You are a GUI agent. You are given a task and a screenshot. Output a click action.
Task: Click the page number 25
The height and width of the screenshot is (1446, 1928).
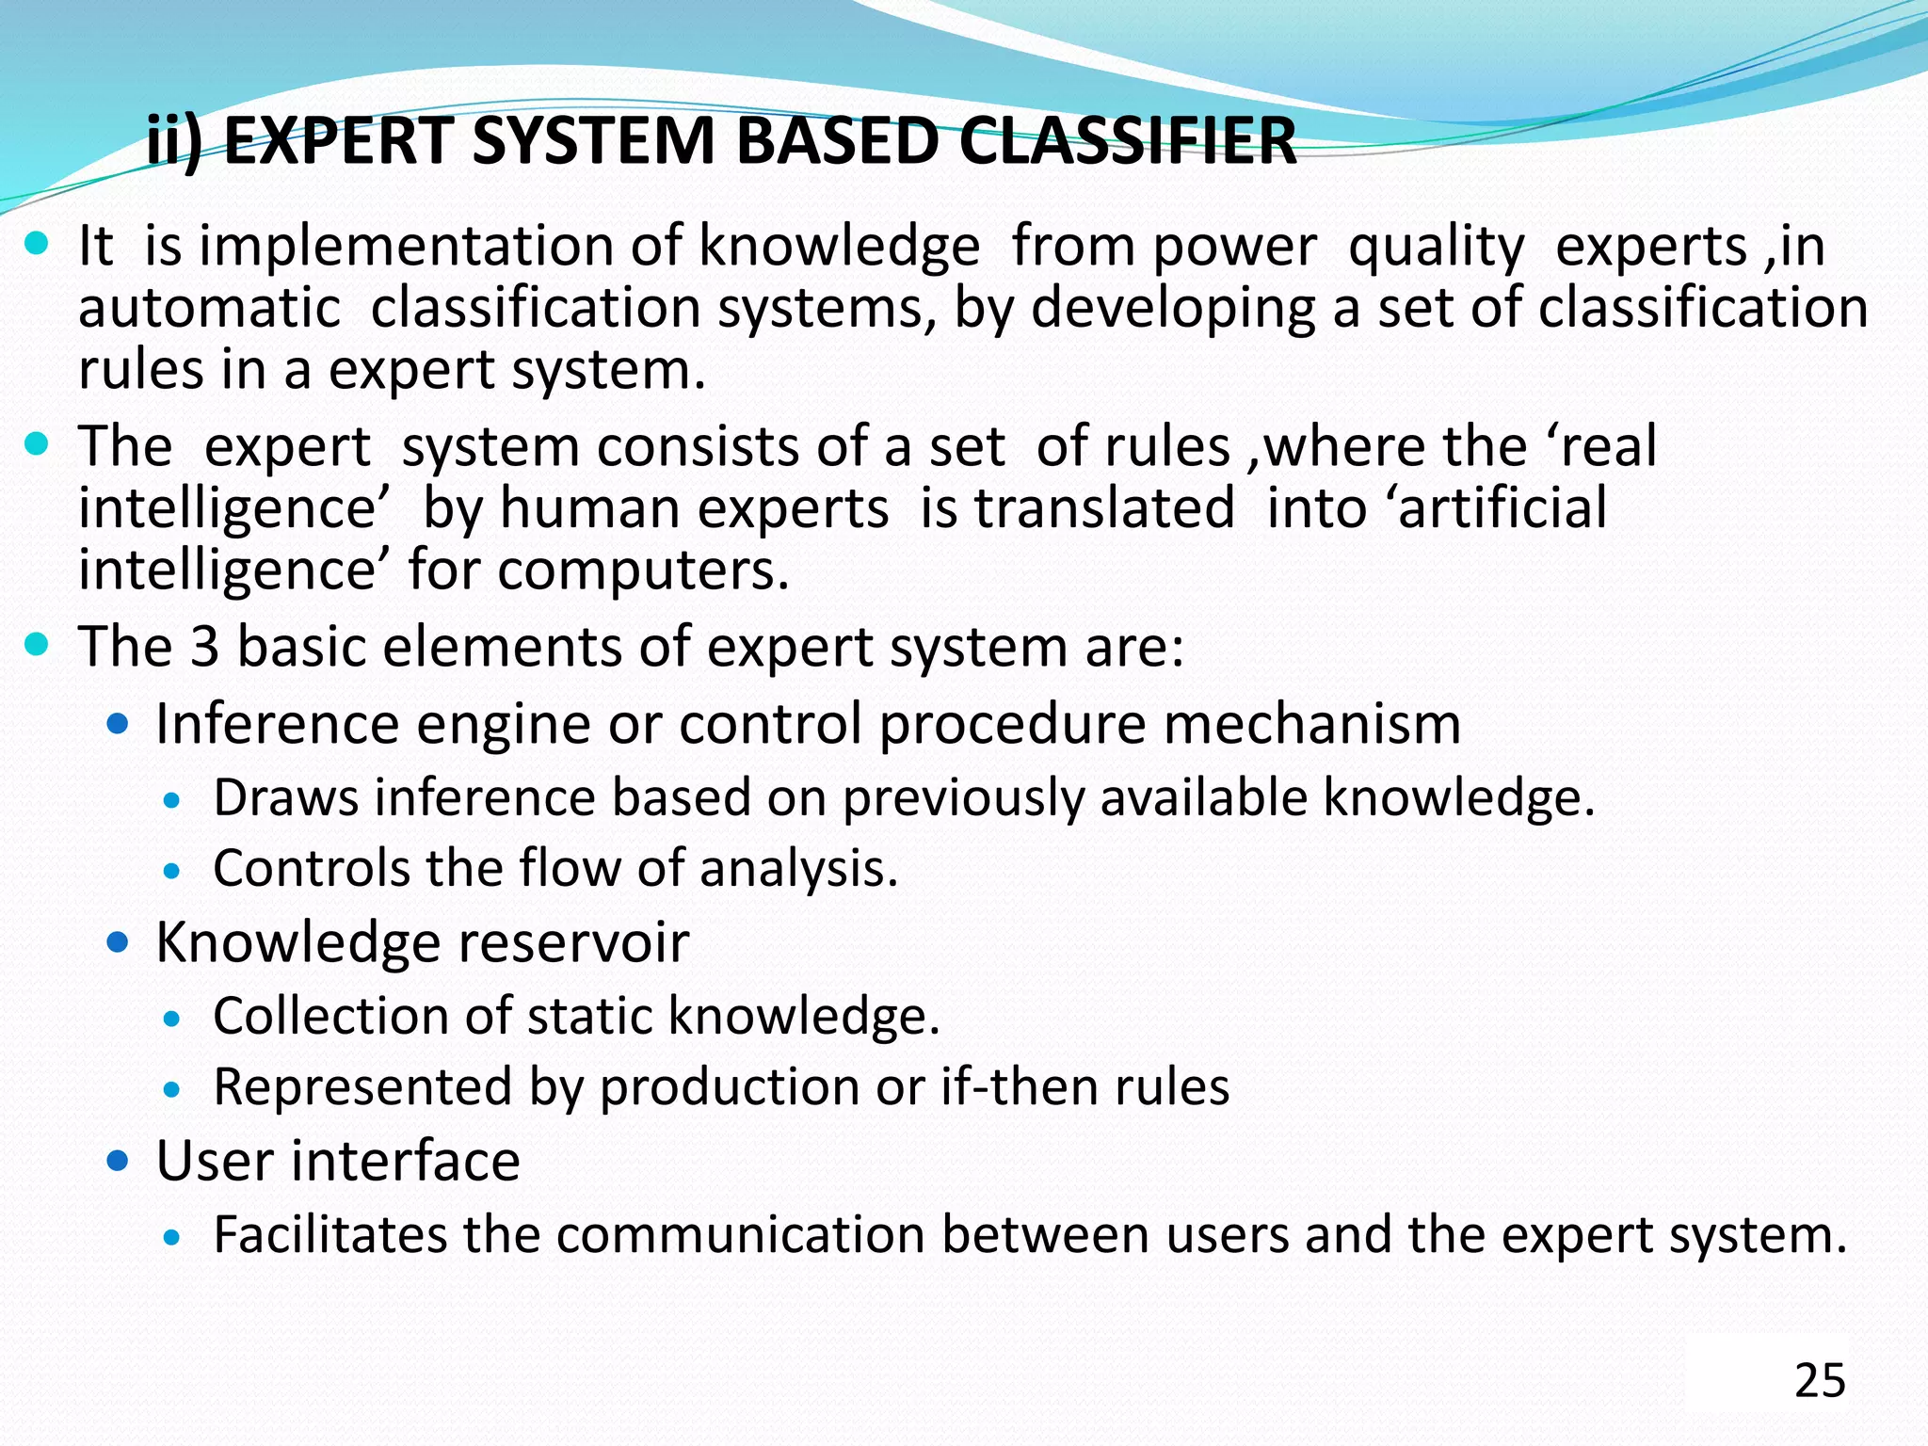point(1820,1380)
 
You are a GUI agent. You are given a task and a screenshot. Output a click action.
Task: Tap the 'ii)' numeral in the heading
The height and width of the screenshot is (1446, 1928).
point(175,141)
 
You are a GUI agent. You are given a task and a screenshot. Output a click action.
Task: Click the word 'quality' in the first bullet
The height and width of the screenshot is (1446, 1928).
point(1436,248)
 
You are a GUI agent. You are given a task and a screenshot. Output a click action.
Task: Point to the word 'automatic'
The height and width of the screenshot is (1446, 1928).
point(209,308)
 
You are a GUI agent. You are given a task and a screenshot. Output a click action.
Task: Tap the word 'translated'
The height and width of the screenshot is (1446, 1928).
point(1103,508)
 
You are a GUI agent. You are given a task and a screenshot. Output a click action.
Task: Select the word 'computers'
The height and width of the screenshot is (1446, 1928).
point(643,570)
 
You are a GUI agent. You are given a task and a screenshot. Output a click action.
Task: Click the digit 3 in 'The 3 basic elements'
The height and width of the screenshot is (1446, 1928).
point(204,647)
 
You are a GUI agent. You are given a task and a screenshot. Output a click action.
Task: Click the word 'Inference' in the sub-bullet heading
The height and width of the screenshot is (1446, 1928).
point(278,724)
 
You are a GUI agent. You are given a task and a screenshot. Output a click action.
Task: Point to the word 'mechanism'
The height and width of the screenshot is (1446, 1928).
point(1311,724)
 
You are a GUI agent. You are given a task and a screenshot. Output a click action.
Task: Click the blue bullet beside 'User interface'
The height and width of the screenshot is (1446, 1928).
point(118,1161)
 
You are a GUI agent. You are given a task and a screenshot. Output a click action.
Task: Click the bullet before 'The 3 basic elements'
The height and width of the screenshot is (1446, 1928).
point(37,645)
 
